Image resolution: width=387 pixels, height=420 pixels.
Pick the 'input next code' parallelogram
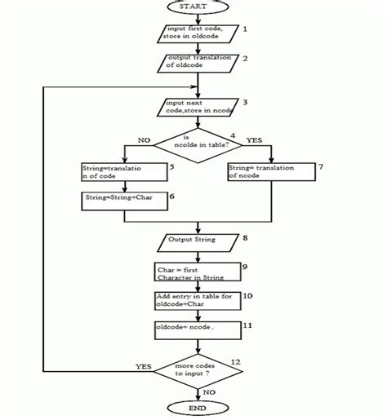197,108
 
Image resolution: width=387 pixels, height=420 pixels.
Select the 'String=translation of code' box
122,173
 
